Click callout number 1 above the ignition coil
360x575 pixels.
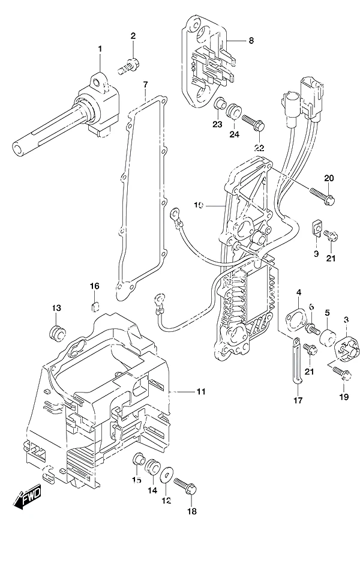(100, 49)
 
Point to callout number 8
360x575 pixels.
(251, 40)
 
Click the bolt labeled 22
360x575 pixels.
(253, 122)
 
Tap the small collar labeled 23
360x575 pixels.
(219, 103)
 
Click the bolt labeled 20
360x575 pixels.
(322, 196)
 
